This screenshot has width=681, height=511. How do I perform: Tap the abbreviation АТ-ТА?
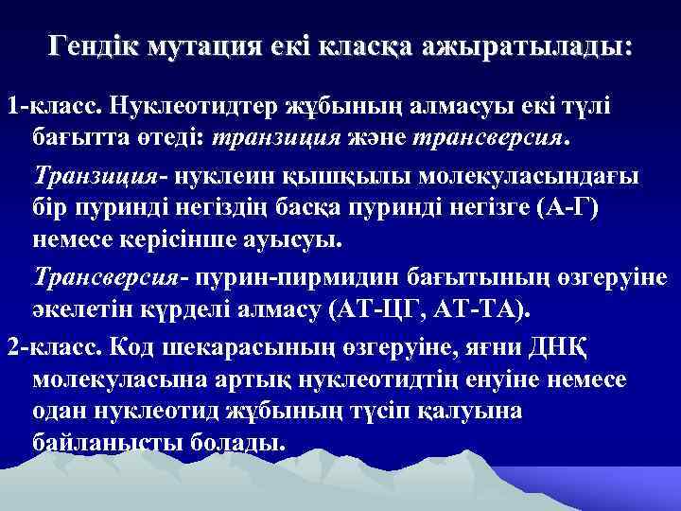pos(489,309)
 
